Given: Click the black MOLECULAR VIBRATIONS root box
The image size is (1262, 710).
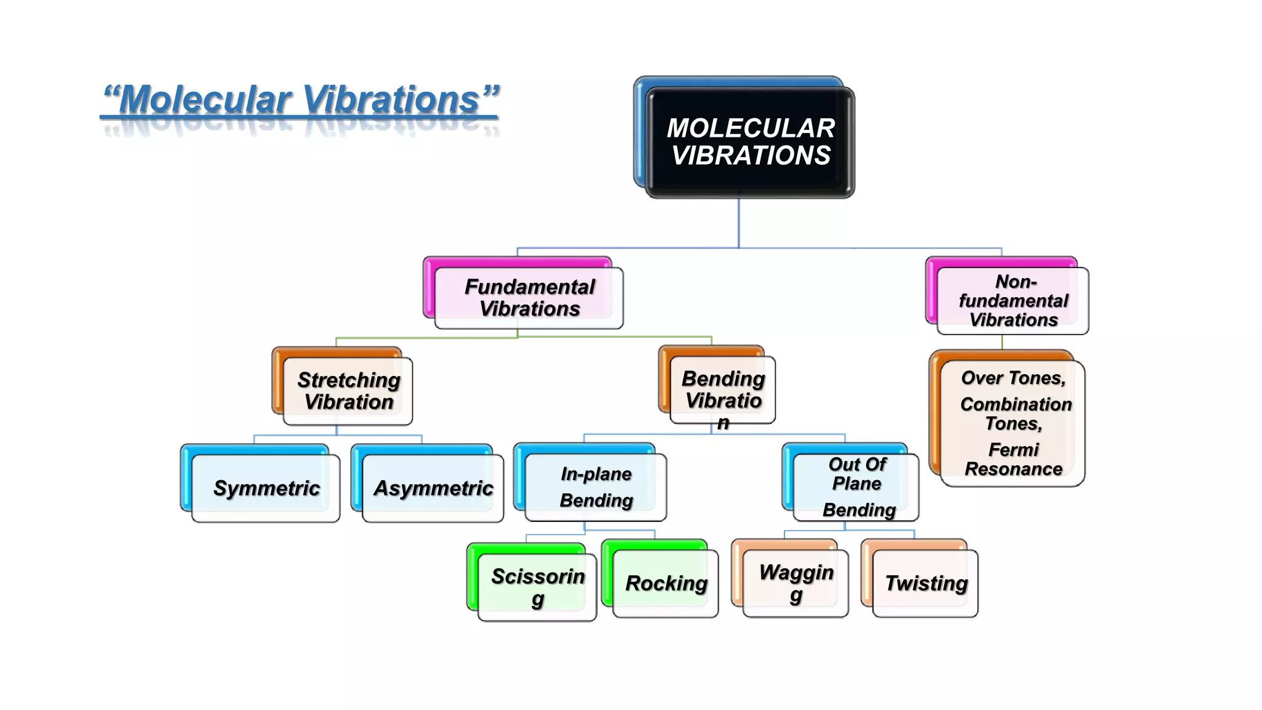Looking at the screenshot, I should tap(749, 142).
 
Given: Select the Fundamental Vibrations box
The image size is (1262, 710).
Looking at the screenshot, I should tap(529, 298).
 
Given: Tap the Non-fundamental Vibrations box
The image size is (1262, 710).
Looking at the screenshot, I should tap(1012, 301).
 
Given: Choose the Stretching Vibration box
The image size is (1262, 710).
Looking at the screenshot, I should tap(348, 391).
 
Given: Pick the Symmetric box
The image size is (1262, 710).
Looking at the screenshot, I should tap(266, 488).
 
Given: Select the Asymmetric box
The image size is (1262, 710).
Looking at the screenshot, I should tap(433, 488).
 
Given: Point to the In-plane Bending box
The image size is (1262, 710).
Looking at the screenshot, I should tap(595, 487).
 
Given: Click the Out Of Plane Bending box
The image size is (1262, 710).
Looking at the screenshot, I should tap(856, 487).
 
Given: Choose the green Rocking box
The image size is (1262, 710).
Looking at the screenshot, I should tap(666, 583).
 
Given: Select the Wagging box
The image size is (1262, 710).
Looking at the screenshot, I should tap(796, 583).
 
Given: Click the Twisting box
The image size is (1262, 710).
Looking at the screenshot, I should tap(926, 583).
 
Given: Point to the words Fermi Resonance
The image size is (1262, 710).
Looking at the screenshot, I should tap(1013, 459).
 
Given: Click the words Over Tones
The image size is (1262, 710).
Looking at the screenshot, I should tap(1013, 378).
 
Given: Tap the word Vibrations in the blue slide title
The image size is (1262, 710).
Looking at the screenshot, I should tap(392, 99).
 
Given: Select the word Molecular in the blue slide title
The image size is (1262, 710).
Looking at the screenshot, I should tap(206, 99).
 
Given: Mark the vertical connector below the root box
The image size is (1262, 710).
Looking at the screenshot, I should tap(738, 222).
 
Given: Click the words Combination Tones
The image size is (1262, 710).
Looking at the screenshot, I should tap(1015, 414).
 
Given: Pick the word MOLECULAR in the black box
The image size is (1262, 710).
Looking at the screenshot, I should tap(751, 128).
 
